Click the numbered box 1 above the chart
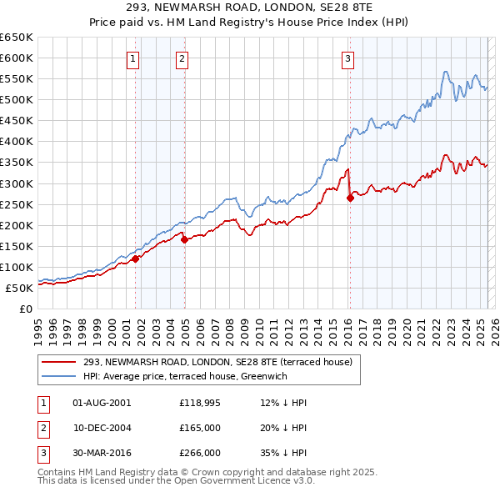click(x=133, y=58)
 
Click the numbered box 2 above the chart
click(x=182, y=58)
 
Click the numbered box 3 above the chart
click(x=347, y=58)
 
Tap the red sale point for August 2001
click(x=135, y=259)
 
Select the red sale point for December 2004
click(x=184, y=239)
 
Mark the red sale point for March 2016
click(x=350, y=198)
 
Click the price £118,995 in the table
click(x=200, y=403)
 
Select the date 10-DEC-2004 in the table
click(x=102, y=427)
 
